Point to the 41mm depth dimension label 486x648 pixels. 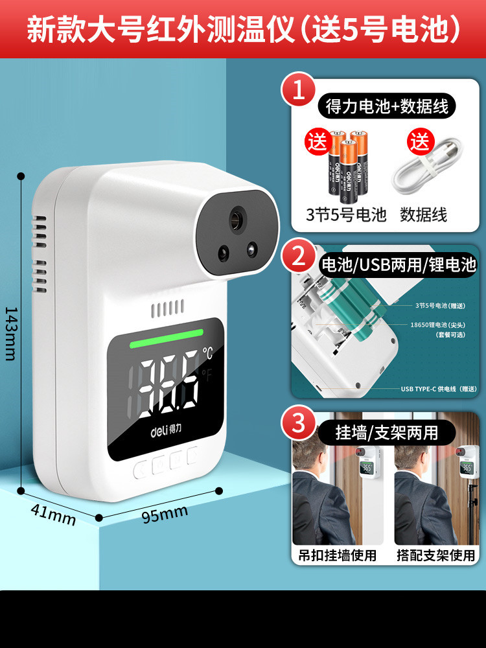52,515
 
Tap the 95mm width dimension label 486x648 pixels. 165,515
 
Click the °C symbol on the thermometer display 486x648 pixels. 207,353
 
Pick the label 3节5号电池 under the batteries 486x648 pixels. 346,214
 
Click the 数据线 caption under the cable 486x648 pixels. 424,214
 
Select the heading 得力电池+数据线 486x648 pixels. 386,106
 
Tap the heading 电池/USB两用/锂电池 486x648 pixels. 399,264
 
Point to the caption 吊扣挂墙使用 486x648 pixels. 337,555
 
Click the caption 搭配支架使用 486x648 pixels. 435,555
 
